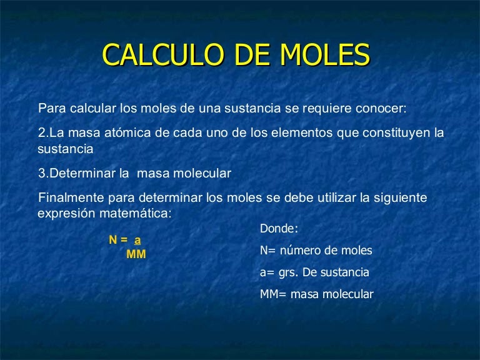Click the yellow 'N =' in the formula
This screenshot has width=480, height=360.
[118, 240]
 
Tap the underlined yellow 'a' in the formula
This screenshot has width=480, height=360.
[137, 240]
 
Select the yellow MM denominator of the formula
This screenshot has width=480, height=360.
[136, 254]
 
